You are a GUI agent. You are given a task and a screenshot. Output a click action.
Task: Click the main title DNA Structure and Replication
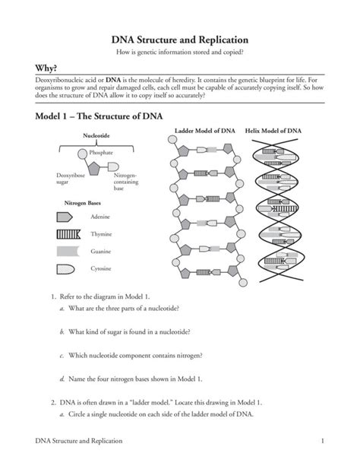179,38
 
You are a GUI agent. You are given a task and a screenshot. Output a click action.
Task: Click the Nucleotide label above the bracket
97,138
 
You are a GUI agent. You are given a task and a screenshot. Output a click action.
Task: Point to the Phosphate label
102,153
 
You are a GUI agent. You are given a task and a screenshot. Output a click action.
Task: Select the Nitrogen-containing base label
125,181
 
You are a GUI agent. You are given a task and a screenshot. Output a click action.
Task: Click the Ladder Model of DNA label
205,131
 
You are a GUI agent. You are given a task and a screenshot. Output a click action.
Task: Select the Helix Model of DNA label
273,131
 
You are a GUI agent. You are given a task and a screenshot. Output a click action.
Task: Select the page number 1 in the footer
323,441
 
